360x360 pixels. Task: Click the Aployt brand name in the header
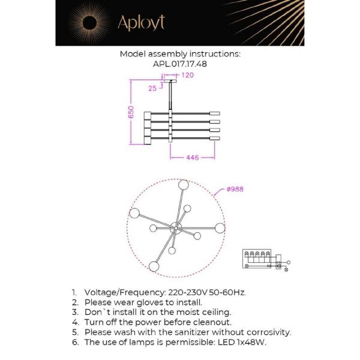click(x=140, y=23)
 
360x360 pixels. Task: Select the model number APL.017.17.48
click(x=180, y=63)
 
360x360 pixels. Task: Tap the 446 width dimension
click(x=192, y=158)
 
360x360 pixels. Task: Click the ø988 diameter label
click(x=235, y=189)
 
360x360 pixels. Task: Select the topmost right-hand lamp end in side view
click(x=215, y=113)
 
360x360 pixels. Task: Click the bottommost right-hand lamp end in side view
click(x=215, y=139)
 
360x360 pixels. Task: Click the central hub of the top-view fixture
click(x=176, y=228)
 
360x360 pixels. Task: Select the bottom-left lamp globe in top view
click(x=154, y=266)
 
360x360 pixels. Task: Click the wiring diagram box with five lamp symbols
click(x=259, y=259)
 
